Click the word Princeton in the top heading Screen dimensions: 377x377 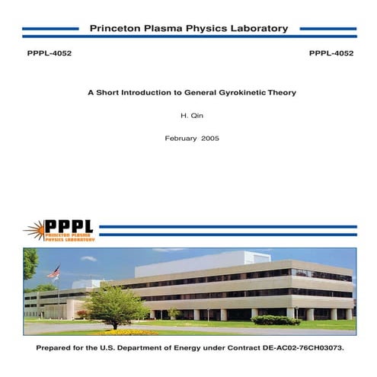(114, 29)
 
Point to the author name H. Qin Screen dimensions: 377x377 (187, 116)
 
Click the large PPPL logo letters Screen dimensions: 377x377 (69, 226)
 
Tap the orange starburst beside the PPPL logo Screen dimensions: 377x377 (34, 228)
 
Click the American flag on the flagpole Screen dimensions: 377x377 (54, 272)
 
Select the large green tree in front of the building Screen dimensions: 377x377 (114, 305)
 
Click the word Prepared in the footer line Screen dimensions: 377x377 (57, 347)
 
